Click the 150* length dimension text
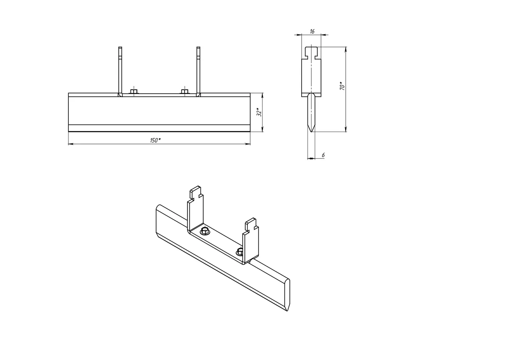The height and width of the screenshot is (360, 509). pyautogui.click(x=155, y=141)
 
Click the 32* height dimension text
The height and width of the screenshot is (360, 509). pyautogui.click(x=259, y=112)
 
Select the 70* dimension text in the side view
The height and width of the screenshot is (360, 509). pyautogui.click(x=342, y=86)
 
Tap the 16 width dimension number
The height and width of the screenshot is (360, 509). pyautogui.click(x=312, y=31)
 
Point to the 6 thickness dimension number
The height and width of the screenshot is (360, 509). pyautogui.click(x=323, y=155)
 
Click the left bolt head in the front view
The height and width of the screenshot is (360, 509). pyautogui.click(x=134, y=91)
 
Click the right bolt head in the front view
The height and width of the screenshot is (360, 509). pyautogui.click(x=185, y=91)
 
